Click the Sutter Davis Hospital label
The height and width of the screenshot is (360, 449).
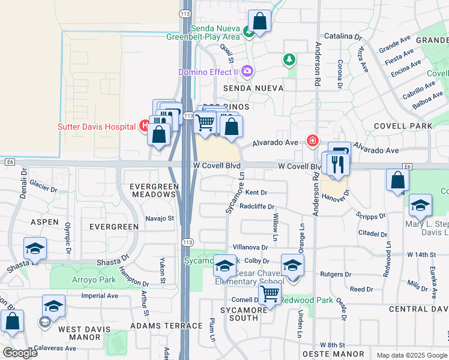click(x=97, y=127)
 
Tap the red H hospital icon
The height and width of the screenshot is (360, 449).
click(x=144, y=126)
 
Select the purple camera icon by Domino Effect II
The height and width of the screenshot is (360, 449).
click(x=247, y=72)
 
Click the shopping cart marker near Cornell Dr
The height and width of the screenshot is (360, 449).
click(x=270, y=294)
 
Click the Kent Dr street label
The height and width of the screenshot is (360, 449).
click(x=256, y=193)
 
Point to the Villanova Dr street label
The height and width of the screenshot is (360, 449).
click(x=250, y=247)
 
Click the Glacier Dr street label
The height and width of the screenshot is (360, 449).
click(x=43, y=188)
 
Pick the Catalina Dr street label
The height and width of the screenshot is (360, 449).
click(x=342, y=37)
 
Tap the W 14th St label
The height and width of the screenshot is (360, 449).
click(x=421, y=254)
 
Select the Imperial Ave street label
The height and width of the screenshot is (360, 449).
click(x=100, y=296)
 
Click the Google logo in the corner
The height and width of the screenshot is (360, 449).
click(x=20, y=353)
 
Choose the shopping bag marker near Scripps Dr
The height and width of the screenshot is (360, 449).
click(x=397, y=179)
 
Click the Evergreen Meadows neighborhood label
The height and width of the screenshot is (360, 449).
click(x=154, y=191)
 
